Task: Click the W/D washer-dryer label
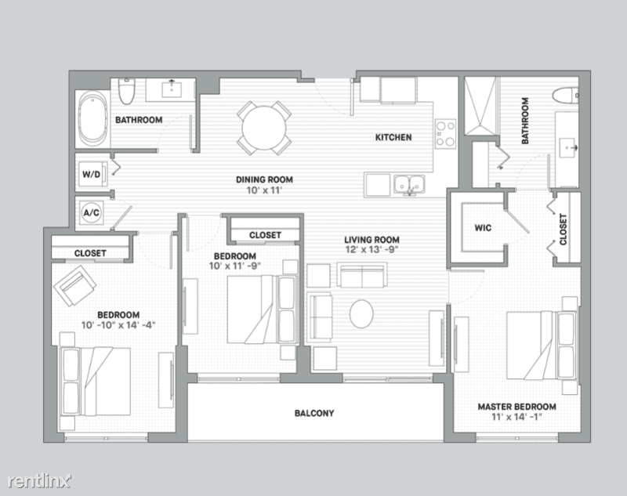(x=91, y=174)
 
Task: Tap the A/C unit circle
(x=91, y=212)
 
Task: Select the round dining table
(x=264, y=128)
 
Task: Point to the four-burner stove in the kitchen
(x=445, y=134)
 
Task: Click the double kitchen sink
(x=409, y=185)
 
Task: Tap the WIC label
(x=483, y=228)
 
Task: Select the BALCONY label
(x=314, y=413)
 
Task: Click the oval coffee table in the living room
(x=361, y=313)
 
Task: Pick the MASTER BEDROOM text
(x=516, y=407)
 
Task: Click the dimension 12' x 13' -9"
(x=371, y=250)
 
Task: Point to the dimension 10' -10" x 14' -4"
(x=118, y=325)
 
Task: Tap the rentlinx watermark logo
(x=40, y=481)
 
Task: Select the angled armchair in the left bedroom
(x=75, y=285)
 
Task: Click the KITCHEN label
(x=393, y=137)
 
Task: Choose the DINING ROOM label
(x=264, y=180)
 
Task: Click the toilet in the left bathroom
(x=127, y=91)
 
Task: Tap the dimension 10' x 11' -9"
(x=235, y=266)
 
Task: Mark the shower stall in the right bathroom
(x=480, y=106)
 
